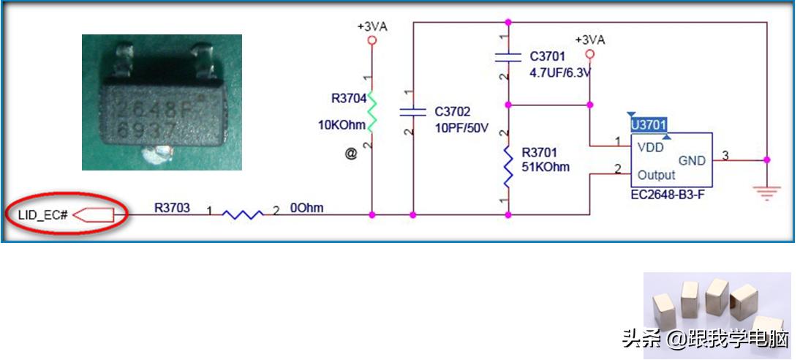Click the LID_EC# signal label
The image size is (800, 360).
click(x=43, y=215)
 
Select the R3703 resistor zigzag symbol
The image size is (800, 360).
click(x=243, y=214)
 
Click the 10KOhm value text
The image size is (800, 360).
click(x=341, y=125)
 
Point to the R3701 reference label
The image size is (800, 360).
click(x=539, y=153)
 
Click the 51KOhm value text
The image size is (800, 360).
click(x=546, y=167)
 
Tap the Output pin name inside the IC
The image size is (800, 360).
click(x=656, y=175)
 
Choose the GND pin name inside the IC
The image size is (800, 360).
click(x=692, y=160)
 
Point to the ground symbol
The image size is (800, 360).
click(x=766, y=192)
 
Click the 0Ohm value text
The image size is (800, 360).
click(x=307, y=209)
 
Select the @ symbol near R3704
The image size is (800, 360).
click(x=351, y=154)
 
